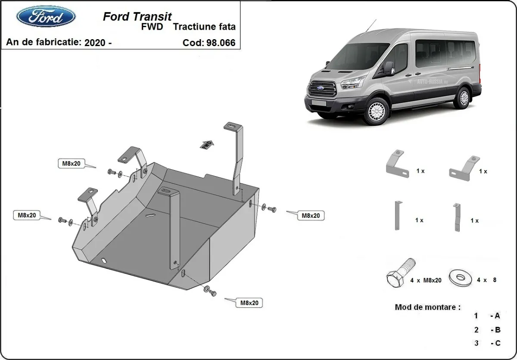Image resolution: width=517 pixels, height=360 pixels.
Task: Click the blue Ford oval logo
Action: (x=46, y=17)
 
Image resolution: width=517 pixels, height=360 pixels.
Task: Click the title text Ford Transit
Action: (x=137, y=16)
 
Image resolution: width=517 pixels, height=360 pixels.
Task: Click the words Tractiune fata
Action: (x=204, y=27)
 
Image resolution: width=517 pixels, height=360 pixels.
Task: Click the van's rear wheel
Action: (x=464, y=97)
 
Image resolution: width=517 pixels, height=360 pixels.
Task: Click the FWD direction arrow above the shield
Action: (x=207, y=144)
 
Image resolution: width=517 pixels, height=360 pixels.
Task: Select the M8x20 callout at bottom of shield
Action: (x=249, y=303)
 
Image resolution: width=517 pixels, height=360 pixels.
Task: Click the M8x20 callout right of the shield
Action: (x=311, y=216)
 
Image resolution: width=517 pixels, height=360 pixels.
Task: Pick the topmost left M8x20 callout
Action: (x=72, y=163)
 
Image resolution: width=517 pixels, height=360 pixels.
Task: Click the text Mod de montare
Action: (x=427, y=307)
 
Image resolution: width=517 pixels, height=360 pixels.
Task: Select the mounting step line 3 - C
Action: (x=487, y=343)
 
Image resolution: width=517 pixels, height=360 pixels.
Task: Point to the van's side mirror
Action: (x=389, y=68)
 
